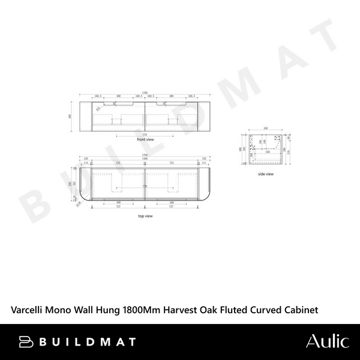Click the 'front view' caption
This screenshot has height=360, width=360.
[145, 139]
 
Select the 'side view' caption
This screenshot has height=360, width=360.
[266, 174]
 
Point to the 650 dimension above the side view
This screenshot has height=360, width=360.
[266, 128]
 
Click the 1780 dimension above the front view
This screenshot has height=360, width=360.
[145, 92]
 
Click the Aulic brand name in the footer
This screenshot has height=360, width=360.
[327, 341]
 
